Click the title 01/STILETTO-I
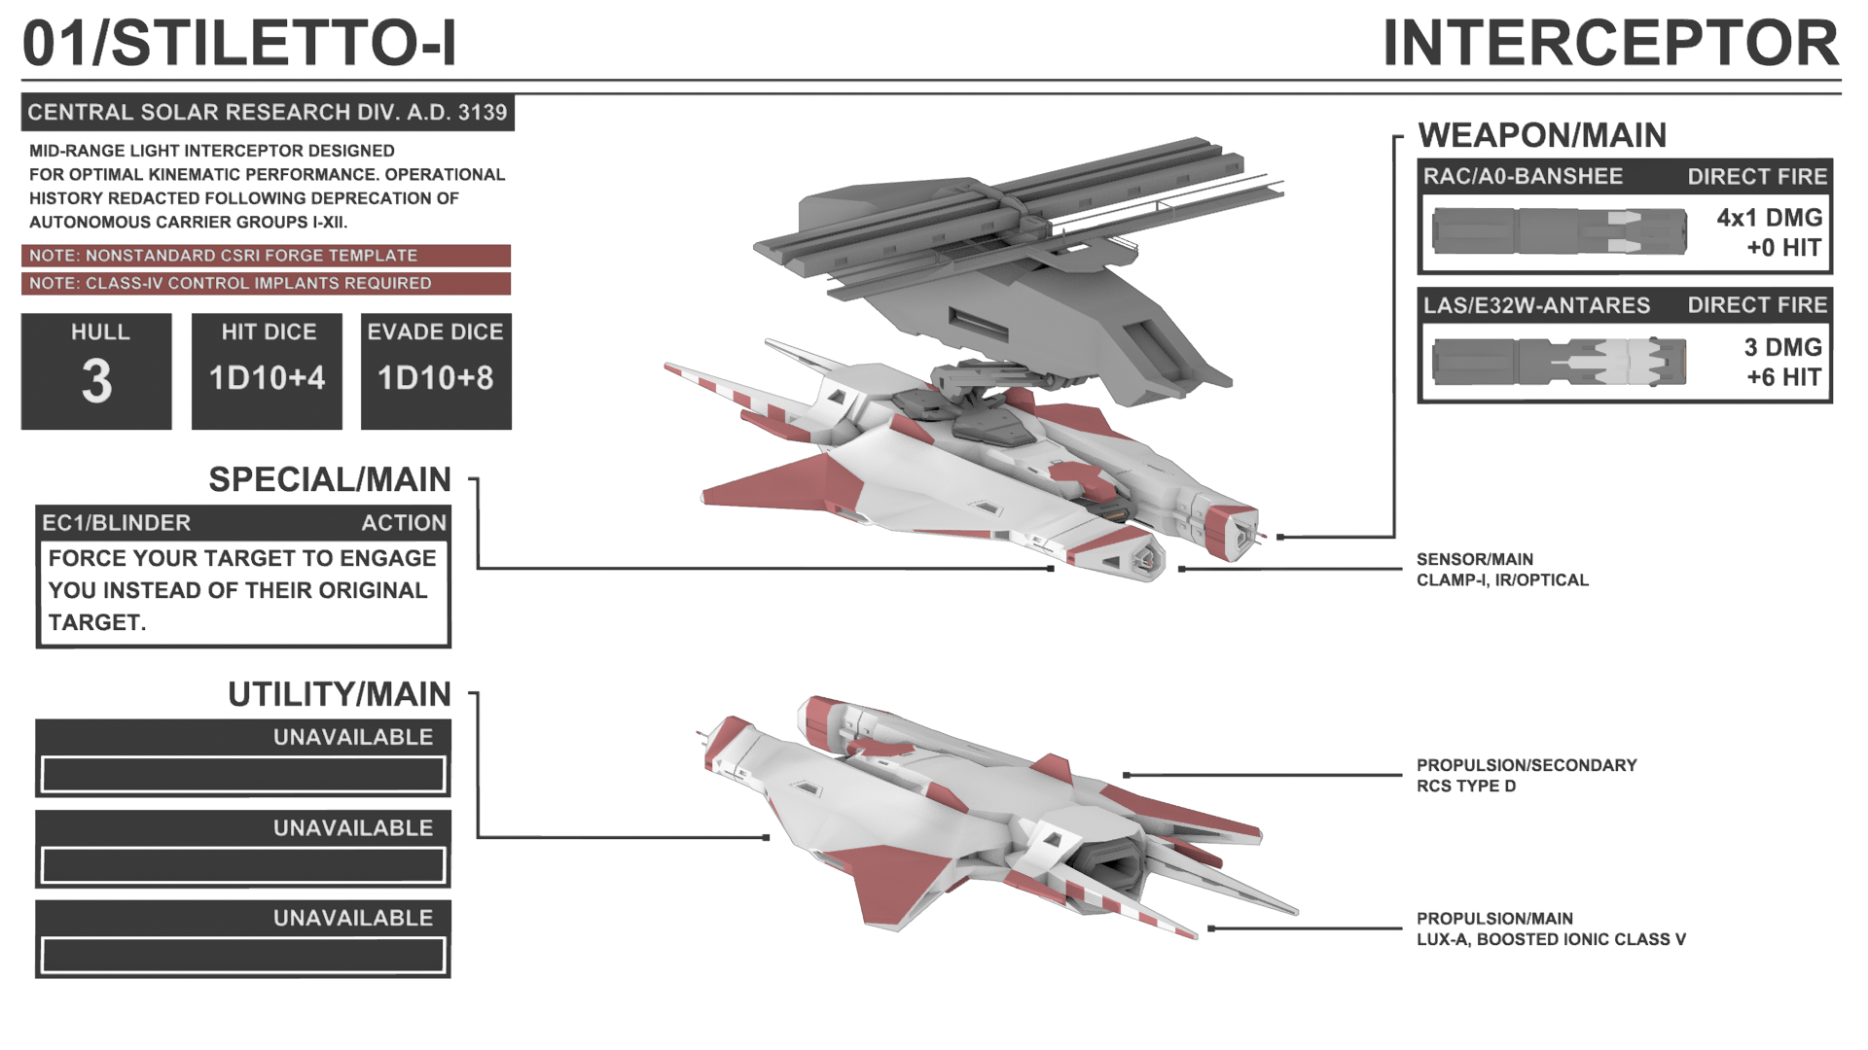(239, 44)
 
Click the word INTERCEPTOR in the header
(1610, 44)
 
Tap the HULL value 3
(96, 381)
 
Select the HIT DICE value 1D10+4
(267, 378)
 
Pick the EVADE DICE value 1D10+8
(436, 378)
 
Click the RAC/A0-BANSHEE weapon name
(1523, 177)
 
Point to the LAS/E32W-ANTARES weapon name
(1536, 305)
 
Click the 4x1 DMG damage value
(1769, 218)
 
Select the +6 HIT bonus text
(1783, 377)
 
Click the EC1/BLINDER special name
(116, 523)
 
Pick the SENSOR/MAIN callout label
(1474, 559)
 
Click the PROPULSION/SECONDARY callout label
(1526, 765)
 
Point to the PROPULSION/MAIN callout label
(1494, 919)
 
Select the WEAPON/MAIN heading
(1542, 135)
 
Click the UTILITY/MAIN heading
(339, 694)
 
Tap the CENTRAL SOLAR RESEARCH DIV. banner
(268, 113)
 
